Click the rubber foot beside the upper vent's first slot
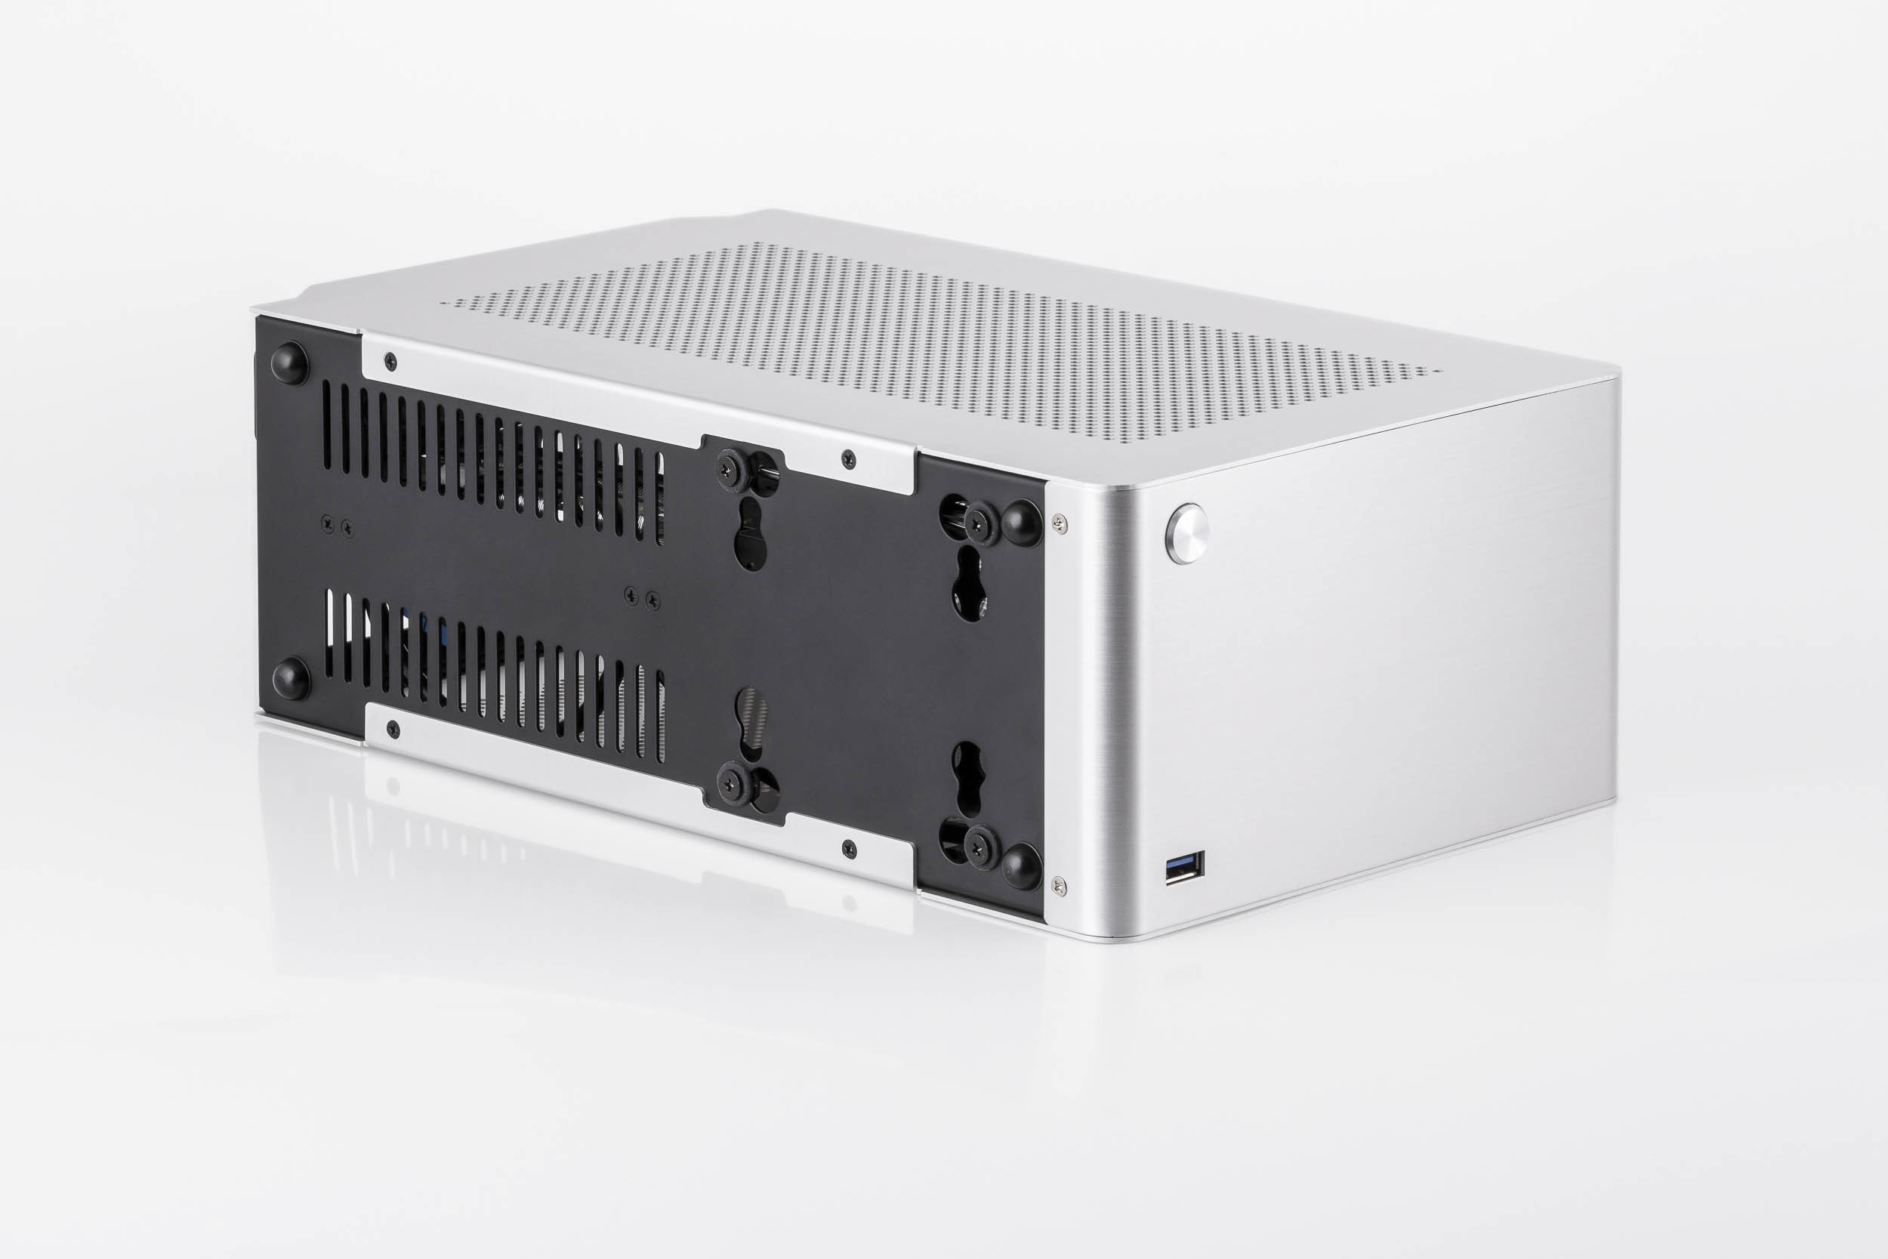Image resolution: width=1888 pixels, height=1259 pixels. (x=291, y=364)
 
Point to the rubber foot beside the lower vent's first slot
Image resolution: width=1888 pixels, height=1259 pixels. (x=291, y=678)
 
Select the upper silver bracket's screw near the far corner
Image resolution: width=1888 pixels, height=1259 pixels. (x=390, y=359)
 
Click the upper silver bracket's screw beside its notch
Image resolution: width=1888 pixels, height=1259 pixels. (x=850, y=459)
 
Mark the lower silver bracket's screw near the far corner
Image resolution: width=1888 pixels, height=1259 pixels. (x=392, y=727)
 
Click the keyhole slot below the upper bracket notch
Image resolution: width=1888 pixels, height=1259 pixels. (x=751, y=543)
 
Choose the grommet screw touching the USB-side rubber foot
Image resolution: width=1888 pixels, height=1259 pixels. (x=980, y=848)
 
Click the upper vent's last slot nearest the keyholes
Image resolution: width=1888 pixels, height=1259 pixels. (x=660, y=498)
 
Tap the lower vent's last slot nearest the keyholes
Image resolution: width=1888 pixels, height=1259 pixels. (x=661, y=716)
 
